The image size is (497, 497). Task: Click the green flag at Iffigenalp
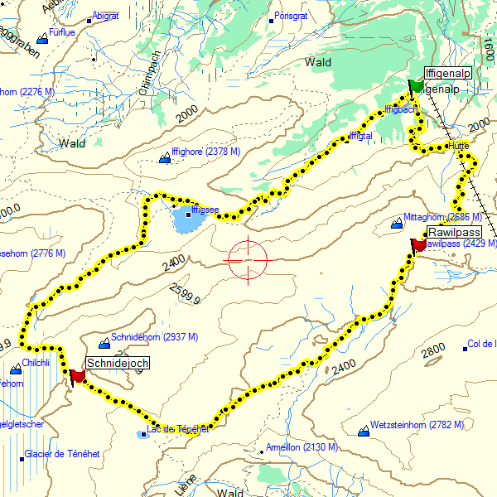(416, 86)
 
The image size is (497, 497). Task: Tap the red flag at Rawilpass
(418, 244)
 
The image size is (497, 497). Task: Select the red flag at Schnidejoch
(78, 376)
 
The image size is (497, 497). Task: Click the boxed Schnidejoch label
(117, 363)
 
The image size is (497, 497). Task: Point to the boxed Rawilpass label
(454, 232)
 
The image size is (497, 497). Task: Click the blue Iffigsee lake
(187, 220)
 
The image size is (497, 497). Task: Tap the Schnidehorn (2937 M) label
(154, 337)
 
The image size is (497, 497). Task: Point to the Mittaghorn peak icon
(395, 223)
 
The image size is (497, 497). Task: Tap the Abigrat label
(105, 16)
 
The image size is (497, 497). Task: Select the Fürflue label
(62, 32)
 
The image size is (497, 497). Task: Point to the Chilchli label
(36, 363)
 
